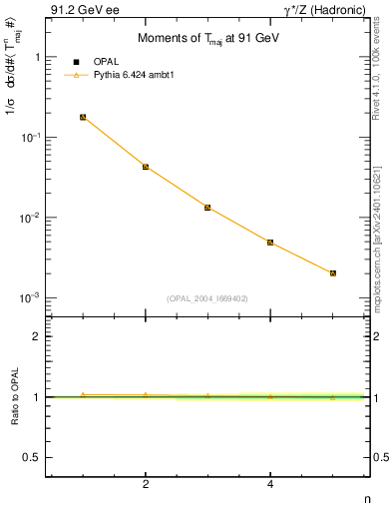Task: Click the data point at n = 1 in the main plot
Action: pyautogui.click(x=83, y=118)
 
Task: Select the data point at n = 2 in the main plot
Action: pyautogui.click(x=146, y=167)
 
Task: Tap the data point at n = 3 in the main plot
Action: pyautogui.click(x=207, y=208)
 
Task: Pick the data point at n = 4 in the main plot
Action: pyautogui.click(x=270, y=243)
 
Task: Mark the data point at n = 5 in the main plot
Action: pyautogui.click(x=333, y=272)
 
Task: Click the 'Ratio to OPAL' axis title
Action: pyautogui.click(x=13, y=396)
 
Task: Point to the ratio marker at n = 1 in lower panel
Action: pyautogui.click(x=83, y=395)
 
